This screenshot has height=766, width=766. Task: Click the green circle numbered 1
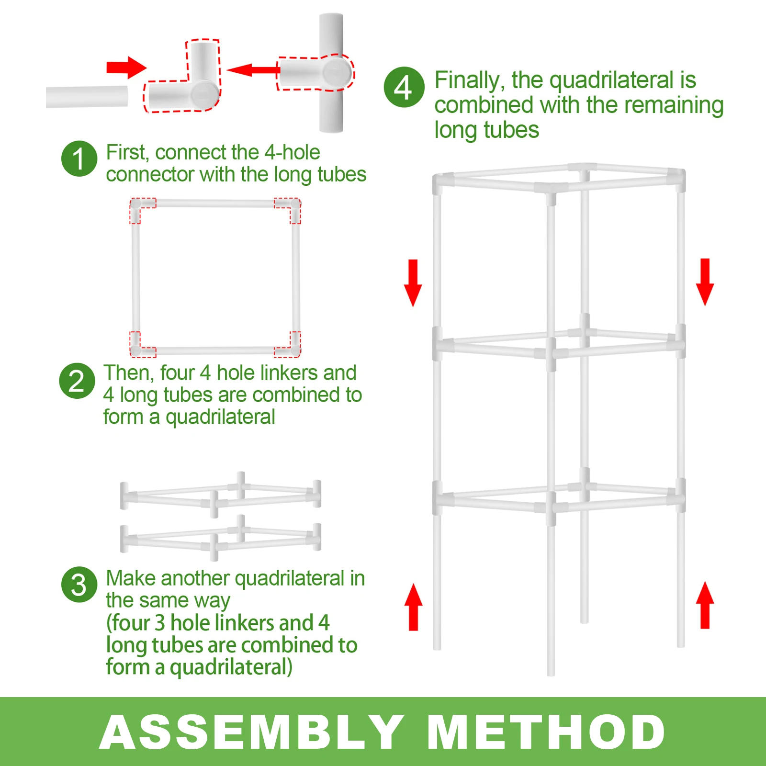79,159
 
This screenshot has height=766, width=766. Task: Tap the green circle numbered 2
77,381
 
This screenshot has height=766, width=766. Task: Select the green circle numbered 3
79,585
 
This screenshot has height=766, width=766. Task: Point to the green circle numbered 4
404,87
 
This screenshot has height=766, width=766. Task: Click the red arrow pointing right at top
126,68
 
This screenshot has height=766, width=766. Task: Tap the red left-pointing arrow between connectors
253,70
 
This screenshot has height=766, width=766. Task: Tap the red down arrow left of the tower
413,282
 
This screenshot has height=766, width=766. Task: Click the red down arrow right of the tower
705,282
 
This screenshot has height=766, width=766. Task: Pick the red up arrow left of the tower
413,607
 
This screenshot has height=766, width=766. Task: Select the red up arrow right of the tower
705,605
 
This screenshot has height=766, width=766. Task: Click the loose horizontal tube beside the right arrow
87,97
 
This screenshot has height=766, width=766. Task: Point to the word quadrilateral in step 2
220,417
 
